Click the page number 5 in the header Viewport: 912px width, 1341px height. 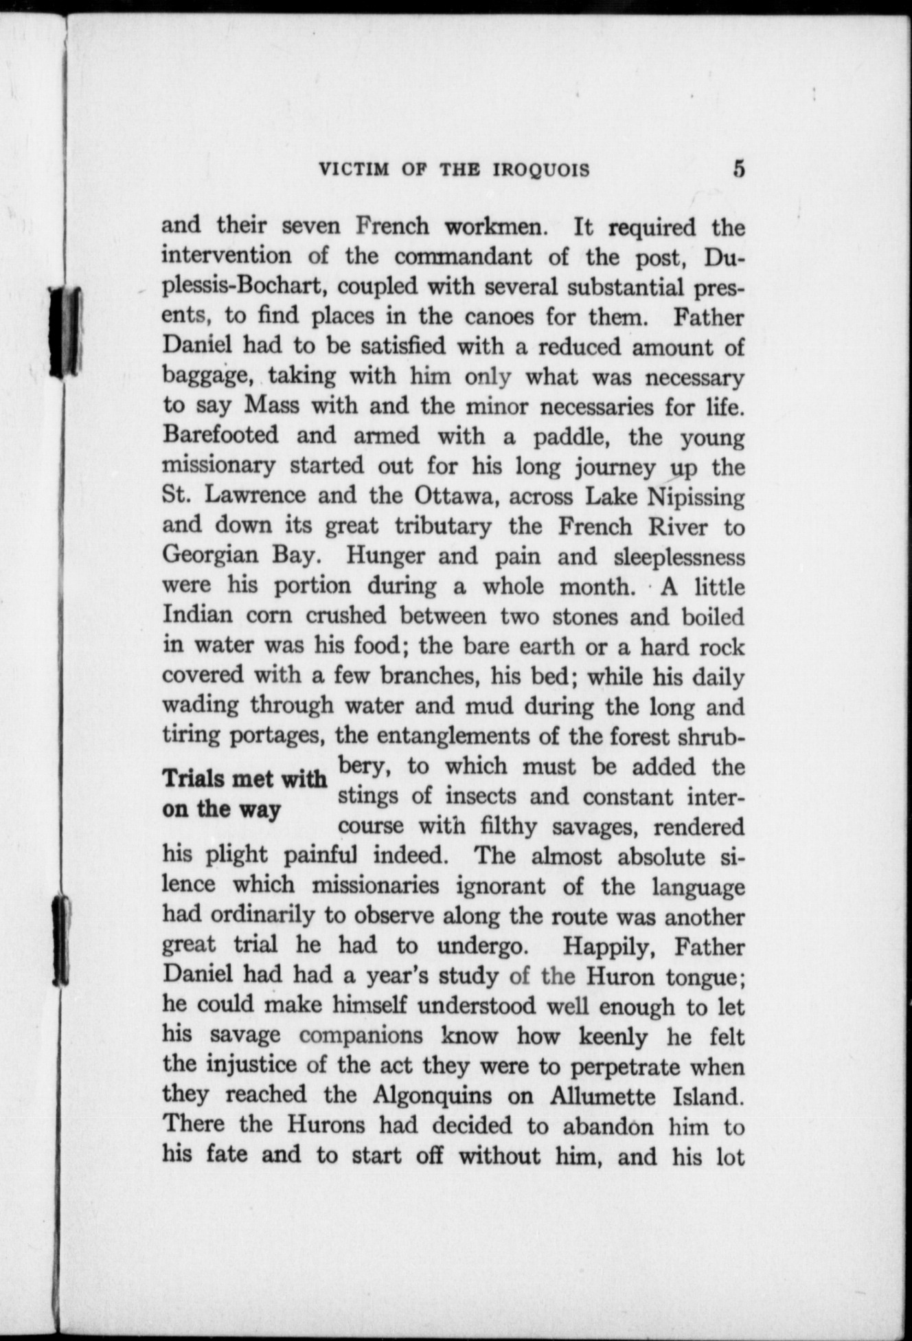tap(738, 169)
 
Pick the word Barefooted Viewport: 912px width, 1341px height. tap(220, 436)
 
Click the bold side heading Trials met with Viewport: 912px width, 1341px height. tap(244, 780)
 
